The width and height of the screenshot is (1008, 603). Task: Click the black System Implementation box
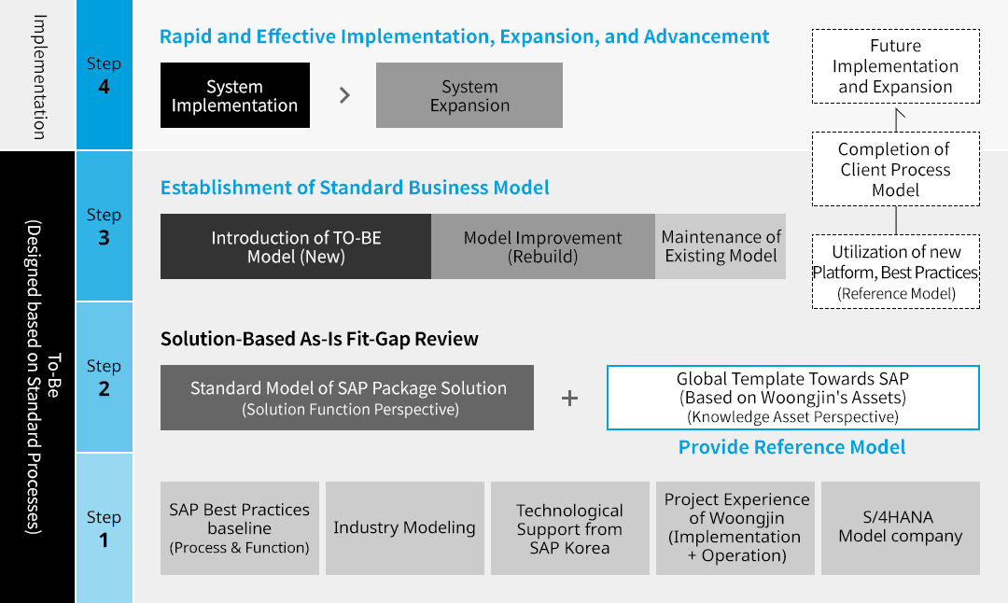coord(234,95)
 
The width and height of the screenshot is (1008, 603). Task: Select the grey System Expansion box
coord(469,95)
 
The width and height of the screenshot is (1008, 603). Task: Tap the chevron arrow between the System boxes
coord(345,95)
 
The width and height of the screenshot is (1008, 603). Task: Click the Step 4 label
coord(104,76)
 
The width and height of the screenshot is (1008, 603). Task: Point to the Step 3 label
coord(104,226)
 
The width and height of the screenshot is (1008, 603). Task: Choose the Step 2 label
coord(104,377)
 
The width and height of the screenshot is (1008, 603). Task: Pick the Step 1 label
coord(104,528)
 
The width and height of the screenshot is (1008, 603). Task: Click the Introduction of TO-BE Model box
coord(296,246)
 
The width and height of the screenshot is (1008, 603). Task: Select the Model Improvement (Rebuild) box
coord(543,246)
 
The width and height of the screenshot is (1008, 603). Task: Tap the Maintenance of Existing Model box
coord(721,246)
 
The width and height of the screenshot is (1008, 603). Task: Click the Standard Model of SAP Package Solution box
coord(347,398)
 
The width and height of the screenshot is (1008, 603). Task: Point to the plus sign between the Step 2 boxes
coord(569,399)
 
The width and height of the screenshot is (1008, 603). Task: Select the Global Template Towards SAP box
coord(792,398)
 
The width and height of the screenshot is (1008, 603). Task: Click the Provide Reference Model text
coord(792,447)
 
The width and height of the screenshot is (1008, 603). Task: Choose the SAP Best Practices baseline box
coord(240,528)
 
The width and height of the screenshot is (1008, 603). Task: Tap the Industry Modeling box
coord(405,528)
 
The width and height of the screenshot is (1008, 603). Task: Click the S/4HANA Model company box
coord(901,528)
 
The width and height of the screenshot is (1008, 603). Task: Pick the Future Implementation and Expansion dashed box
coord(895,66)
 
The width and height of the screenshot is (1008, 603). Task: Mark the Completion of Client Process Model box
coord(895,169)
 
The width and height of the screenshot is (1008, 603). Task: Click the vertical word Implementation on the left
coord(40,77)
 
